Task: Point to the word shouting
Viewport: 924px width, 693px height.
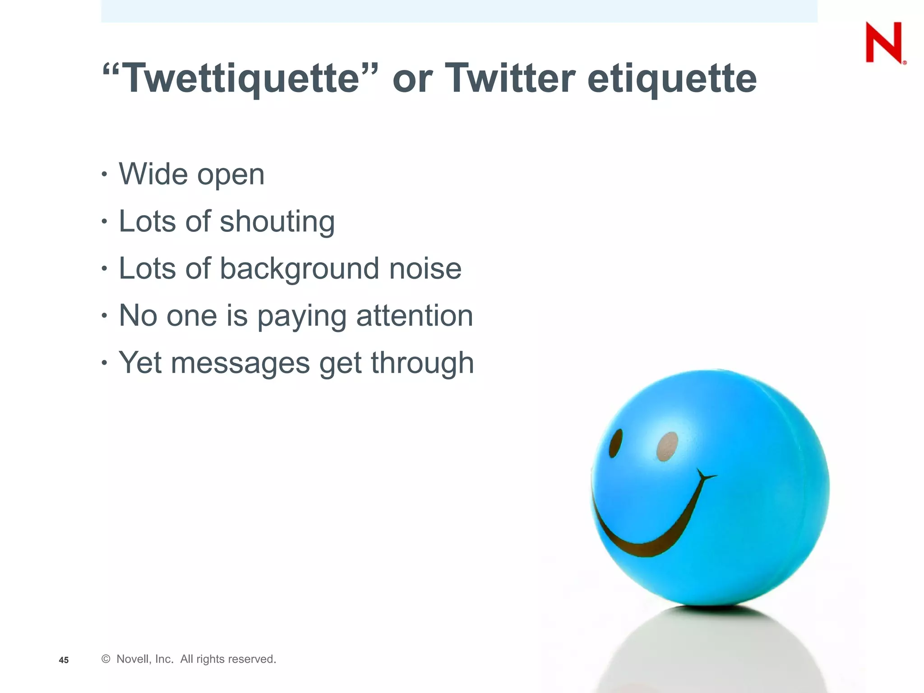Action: click(277, 222)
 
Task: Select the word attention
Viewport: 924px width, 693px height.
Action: click(415, 316)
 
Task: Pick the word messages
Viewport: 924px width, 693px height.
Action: click(240, 364)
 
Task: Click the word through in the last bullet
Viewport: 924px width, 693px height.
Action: click(422, 364)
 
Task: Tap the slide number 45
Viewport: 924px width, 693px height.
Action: click(64, 660)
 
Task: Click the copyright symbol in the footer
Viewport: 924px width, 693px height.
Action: click(106, 659)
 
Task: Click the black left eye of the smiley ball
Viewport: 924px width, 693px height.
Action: click(615, 444)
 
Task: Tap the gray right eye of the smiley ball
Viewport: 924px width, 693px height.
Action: click(667, 447)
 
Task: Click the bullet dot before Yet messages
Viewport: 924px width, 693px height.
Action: click(104, 362)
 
